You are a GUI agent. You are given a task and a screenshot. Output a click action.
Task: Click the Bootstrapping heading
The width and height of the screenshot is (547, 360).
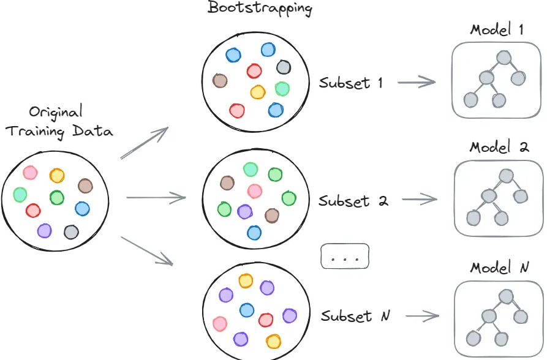(260, 9)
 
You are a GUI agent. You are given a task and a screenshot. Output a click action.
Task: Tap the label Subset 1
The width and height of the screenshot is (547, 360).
(350, 83)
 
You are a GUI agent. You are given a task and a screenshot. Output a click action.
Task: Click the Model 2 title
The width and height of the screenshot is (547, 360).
(499, 148)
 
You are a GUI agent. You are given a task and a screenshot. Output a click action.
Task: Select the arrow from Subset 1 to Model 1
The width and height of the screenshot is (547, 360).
(416, 82)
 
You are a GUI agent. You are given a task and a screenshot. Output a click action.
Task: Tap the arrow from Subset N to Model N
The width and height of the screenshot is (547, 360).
(422, 316)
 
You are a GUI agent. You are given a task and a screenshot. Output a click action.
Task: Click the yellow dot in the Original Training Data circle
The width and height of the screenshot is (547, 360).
(57, 176)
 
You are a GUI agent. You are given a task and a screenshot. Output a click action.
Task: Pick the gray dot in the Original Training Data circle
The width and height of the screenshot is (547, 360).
(72, 232)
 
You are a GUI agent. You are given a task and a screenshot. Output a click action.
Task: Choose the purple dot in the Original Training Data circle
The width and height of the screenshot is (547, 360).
(44, 230)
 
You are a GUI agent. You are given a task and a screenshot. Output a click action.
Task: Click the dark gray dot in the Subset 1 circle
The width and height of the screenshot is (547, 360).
(283, 67)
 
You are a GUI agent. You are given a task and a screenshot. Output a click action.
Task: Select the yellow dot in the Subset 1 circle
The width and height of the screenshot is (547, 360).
(258, 92)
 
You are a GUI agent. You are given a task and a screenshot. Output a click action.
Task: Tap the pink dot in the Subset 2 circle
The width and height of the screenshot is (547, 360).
(255, 191)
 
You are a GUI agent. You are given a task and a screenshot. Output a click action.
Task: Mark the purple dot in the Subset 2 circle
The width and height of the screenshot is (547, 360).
(244, 212)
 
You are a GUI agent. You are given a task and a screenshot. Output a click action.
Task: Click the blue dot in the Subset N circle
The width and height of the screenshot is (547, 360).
(247, 310)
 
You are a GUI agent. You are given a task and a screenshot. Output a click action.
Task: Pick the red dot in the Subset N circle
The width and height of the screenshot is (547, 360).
(266, 320)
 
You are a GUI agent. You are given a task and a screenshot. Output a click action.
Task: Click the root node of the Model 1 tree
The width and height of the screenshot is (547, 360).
(504, 58)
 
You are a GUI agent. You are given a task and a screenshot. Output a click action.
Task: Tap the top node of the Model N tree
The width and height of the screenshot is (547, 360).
(506, 296)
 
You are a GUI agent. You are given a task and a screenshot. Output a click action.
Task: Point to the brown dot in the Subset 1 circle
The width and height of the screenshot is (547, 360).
(220, 81)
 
